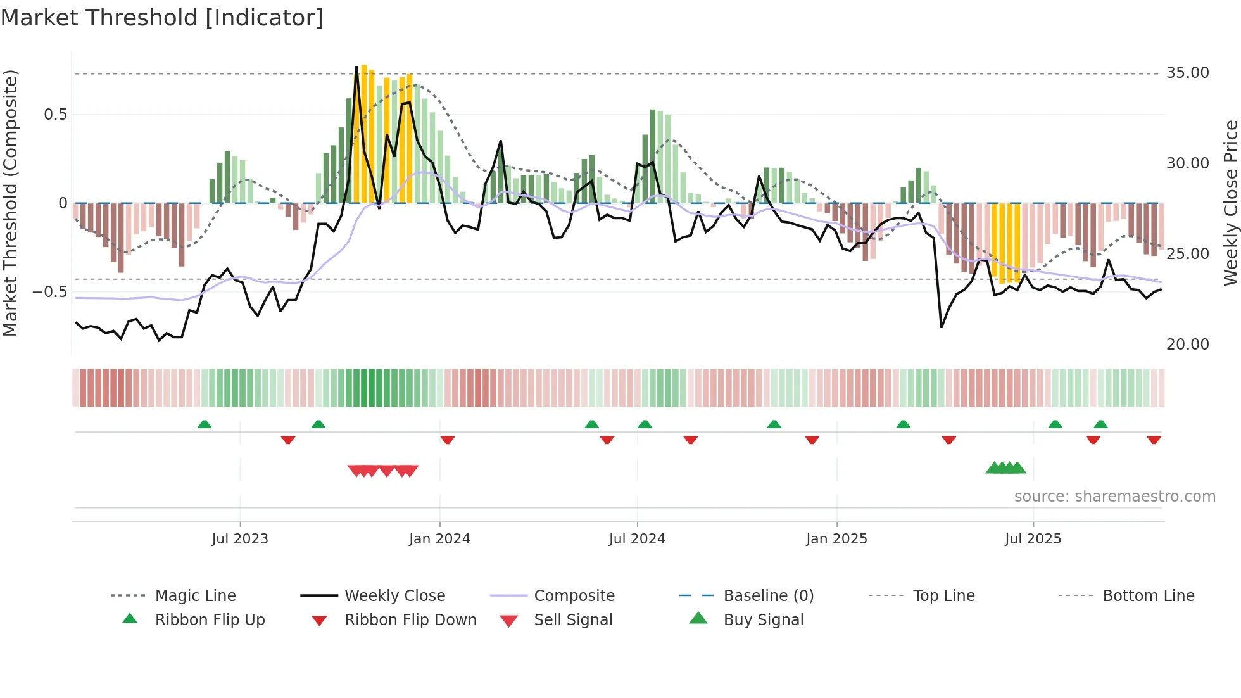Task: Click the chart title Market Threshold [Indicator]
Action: pyautogui.click(x=162, y=18)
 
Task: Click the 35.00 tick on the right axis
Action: pyautogui.click(x=1187, y=73)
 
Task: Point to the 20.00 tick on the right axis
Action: pyautogui.click(x=1187, y=345)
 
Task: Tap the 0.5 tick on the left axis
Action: pyautogui.click(x=55, y=115)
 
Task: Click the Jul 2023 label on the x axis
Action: pyautogui.click(x=240, y=539)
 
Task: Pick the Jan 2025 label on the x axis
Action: pyautogui.click(x=836, y=539)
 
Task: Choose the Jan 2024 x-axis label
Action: pyautogui.click(x=439, y=539)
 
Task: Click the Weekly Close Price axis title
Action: pyautogui.click(x=1230, y=203)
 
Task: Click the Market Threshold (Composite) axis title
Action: pyautogui.click(x=10, y=203)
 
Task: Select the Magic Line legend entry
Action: pyautogui.click(x=195, y=596)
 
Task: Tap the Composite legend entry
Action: pyautogui.click(x=574, y=596)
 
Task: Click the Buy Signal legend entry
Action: pyautogui.click(x=763, y=620)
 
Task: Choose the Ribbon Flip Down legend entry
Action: pyautogui.click(x=410, y=620)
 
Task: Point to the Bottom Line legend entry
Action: pyautogui.click(x=1148, y=596)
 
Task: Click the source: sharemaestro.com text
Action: pyautogui.click(x=1114, y=497)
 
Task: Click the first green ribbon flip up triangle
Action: pyautogui.click(x=205, y=424)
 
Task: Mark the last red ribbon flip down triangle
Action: pyautogui.click(x=1154, y=440)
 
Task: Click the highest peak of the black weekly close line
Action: pyautogui.click(x=356, y=66)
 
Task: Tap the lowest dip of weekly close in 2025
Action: pyautogui.click(x=942, y=327)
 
